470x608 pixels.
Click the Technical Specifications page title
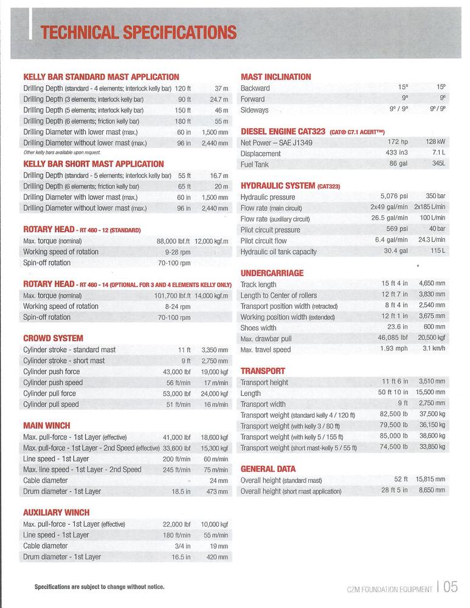[138, 32]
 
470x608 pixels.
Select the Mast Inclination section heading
[275, 77]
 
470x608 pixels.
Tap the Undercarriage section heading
[272, 274]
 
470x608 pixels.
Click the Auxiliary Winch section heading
[56, 513]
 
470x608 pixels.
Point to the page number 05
[451, 587]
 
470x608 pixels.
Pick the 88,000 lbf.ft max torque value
[173, 241]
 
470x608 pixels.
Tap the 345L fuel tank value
[438, 164]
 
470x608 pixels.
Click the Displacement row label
[260, 154]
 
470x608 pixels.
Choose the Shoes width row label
[258, 328]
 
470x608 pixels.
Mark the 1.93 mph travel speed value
[394, 350]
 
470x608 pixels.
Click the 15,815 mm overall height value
[430, 480]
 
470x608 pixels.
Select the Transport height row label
[264, 382]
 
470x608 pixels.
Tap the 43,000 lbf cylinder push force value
[176, 371]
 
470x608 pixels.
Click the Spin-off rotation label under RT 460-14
[47, 317]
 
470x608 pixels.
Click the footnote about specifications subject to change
[99, 587]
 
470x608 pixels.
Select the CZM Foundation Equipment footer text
[389, 589]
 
